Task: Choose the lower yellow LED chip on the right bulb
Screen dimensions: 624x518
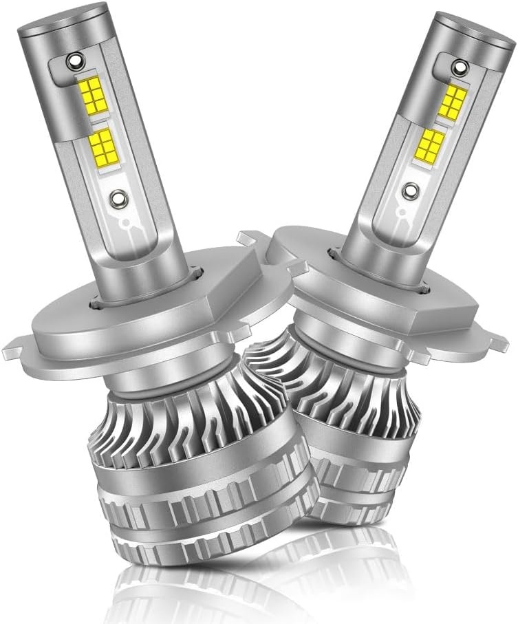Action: tap(431, 143)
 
